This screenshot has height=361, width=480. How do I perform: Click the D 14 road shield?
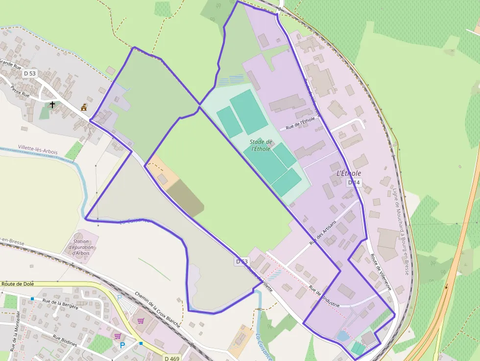pos(354,183)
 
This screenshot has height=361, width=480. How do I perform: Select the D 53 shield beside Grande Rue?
pos(30,73)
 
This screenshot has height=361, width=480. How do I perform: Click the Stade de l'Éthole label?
pos(261,145)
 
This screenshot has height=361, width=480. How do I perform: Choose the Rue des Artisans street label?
pos(323,233)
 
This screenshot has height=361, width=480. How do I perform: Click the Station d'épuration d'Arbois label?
pos(82,247)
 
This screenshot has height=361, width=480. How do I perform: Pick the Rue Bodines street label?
pos(65,341)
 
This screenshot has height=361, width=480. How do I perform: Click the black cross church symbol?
pos(52,104)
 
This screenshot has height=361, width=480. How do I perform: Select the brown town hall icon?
pos(84,107)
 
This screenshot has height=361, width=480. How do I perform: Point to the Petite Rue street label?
pos(21,92)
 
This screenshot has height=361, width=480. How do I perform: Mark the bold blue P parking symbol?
pos(122,345)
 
